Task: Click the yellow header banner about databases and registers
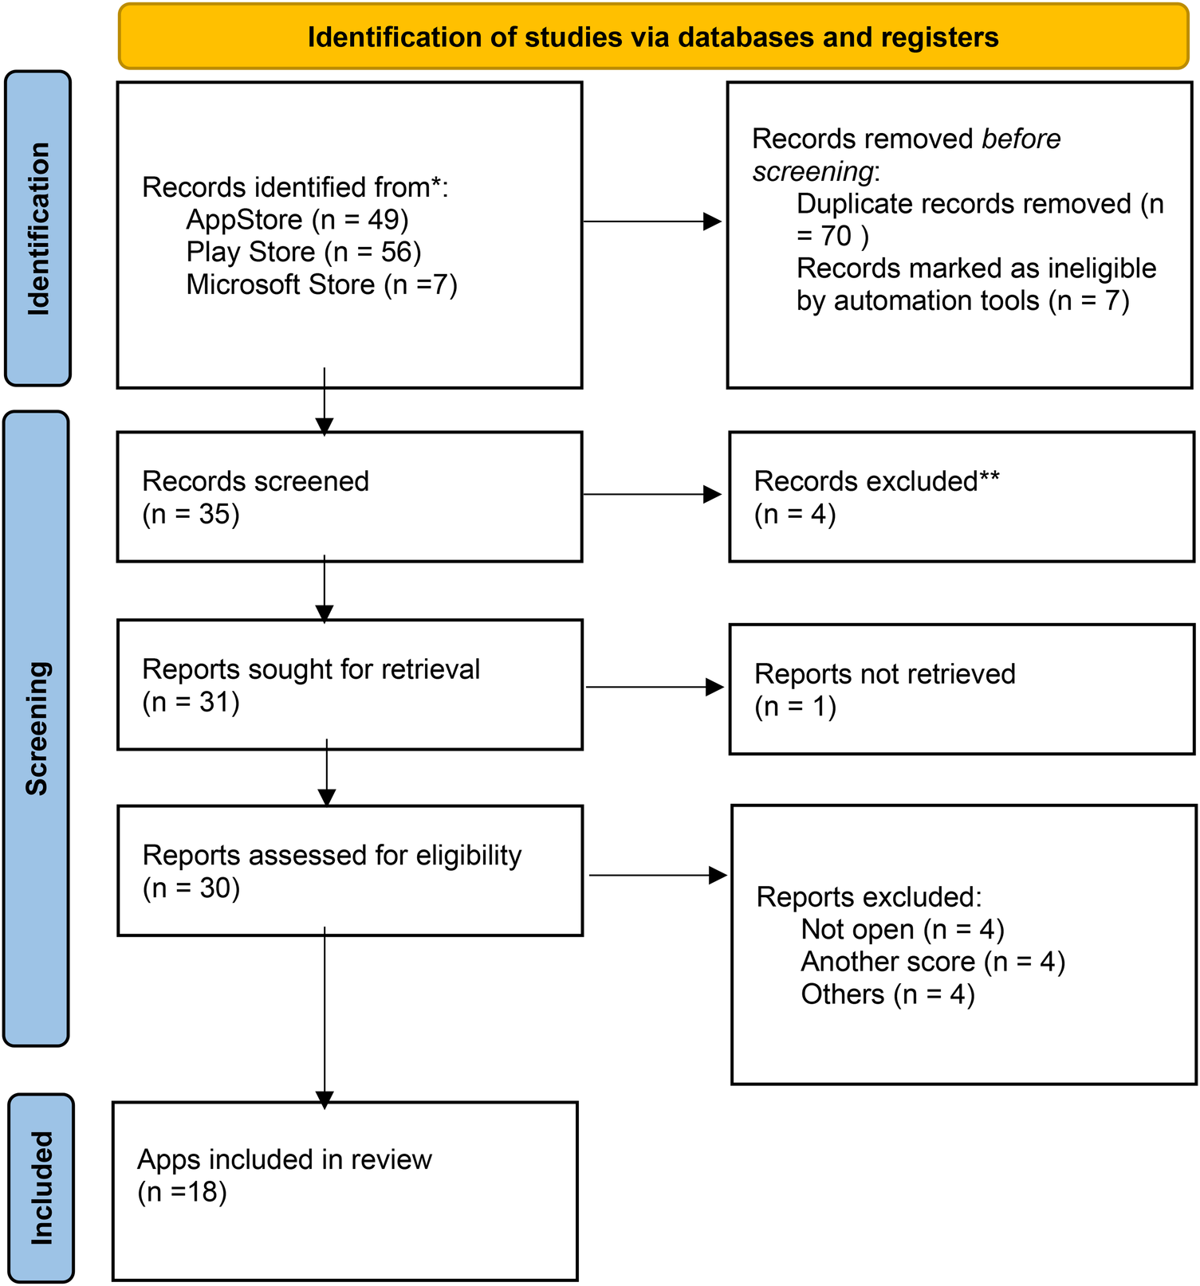(x=653, y=37)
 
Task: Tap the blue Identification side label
(x=38, y=229)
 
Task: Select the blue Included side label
(x=41, y=1187)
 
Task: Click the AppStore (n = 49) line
(x=297, y=219)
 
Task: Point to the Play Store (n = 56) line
(x=303, y=252)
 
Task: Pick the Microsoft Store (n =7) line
(x=321, y=284)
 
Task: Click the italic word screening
(x=812, y=171)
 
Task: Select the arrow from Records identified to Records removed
(x=652, y=222)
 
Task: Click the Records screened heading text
(x=255, y=481)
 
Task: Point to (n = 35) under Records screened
(x=191, y=514)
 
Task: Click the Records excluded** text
(x=876, y=481)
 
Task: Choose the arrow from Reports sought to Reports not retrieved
(x=655, y=687)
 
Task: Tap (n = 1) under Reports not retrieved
(x=795, y=707)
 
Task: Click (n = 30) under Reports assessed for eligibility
(x=191, y=888)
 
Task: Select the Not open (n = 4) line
(x=902, y=929)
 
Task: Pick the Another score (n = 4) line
(x=933, y=962)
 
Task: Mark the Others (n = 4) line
(x=887, y=994)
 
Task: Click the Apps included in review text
(x=284, y=1159)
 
